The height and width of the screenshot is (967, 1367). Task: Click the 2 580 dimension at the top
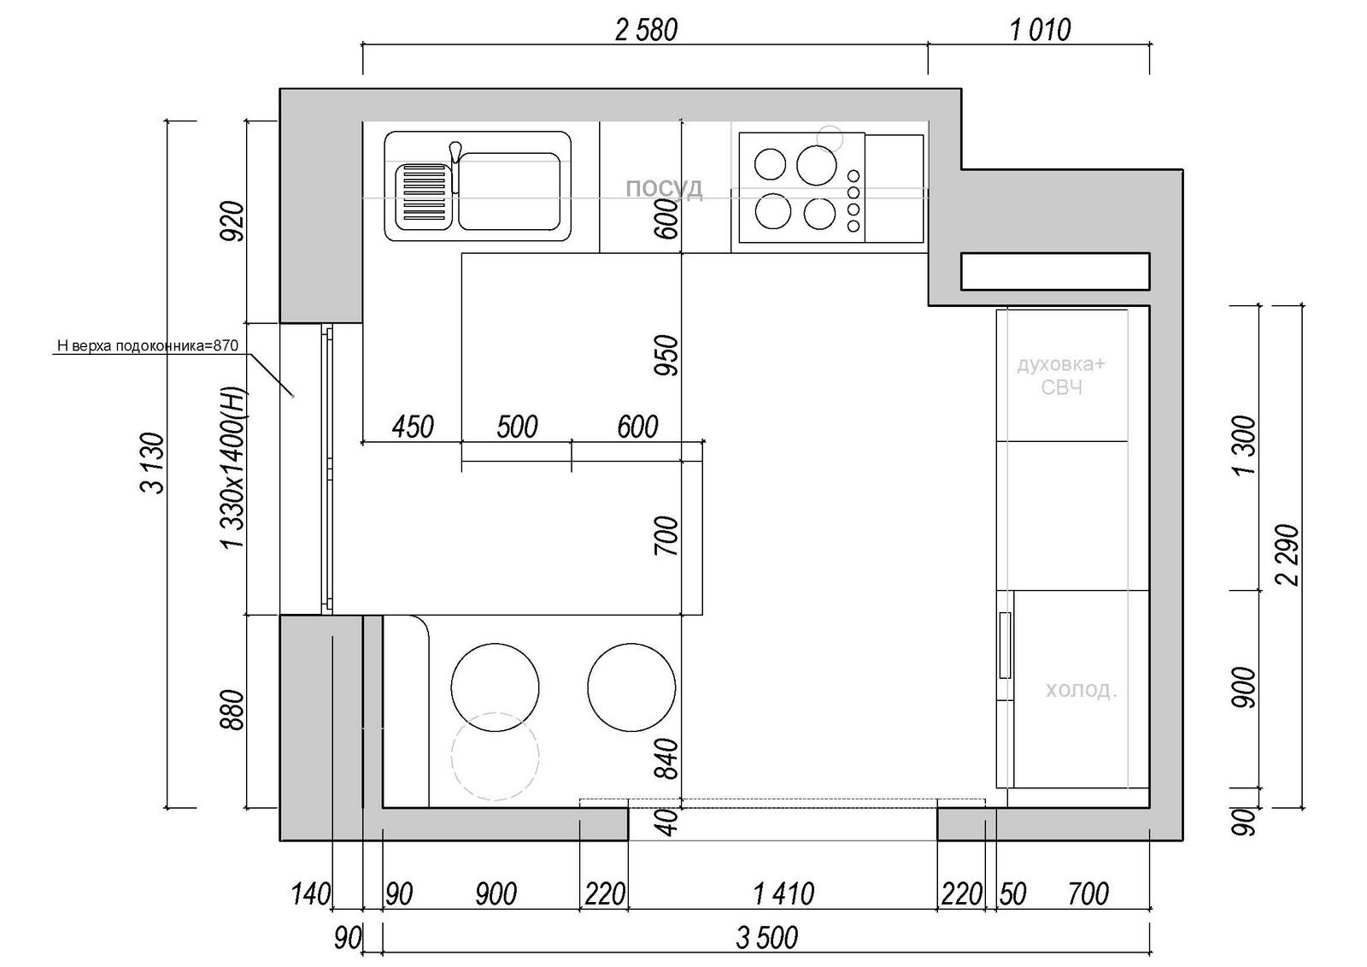coord(646,30)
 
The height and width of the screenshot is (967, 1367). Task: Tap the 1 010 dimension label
coord(1040,30)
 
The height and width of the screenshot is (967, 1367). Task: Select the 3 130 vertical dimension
coord(153,463)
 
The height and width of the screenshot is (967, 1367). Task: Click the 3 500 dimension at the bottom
coord(766,938)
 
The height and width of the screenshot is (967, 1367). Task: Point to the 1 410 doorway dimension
coord(783,893)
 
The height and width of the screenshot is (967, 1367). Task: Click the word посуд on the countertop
coord(664,188)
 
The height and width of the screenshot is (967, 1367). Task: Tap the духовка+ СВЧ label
coord(1061,375)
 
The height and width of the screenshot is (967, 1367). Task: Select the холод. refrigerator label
coord(1082,690)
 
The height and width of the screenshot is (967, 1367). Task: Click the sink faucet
coord(455,166)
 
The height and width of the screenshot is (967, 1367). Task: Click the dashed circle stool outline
coord(495,757)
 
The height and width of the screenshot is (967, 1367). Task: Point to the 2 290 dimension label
coord(1288,555)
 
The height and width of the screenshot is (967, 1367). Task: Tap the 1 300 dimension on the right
coord(1244,445)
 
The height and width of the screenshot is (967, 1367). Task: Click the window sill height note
coord(147,345)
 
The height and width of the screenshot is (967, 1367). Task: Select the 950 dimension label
coord(666,355)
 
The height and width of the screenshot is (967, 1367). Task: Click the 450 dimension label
coord(413,427)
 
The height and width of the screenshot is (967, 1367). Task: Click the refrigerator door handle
coord(1005,645)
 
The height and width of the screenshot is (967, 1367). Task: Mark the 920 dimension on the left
coord(232,221)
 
